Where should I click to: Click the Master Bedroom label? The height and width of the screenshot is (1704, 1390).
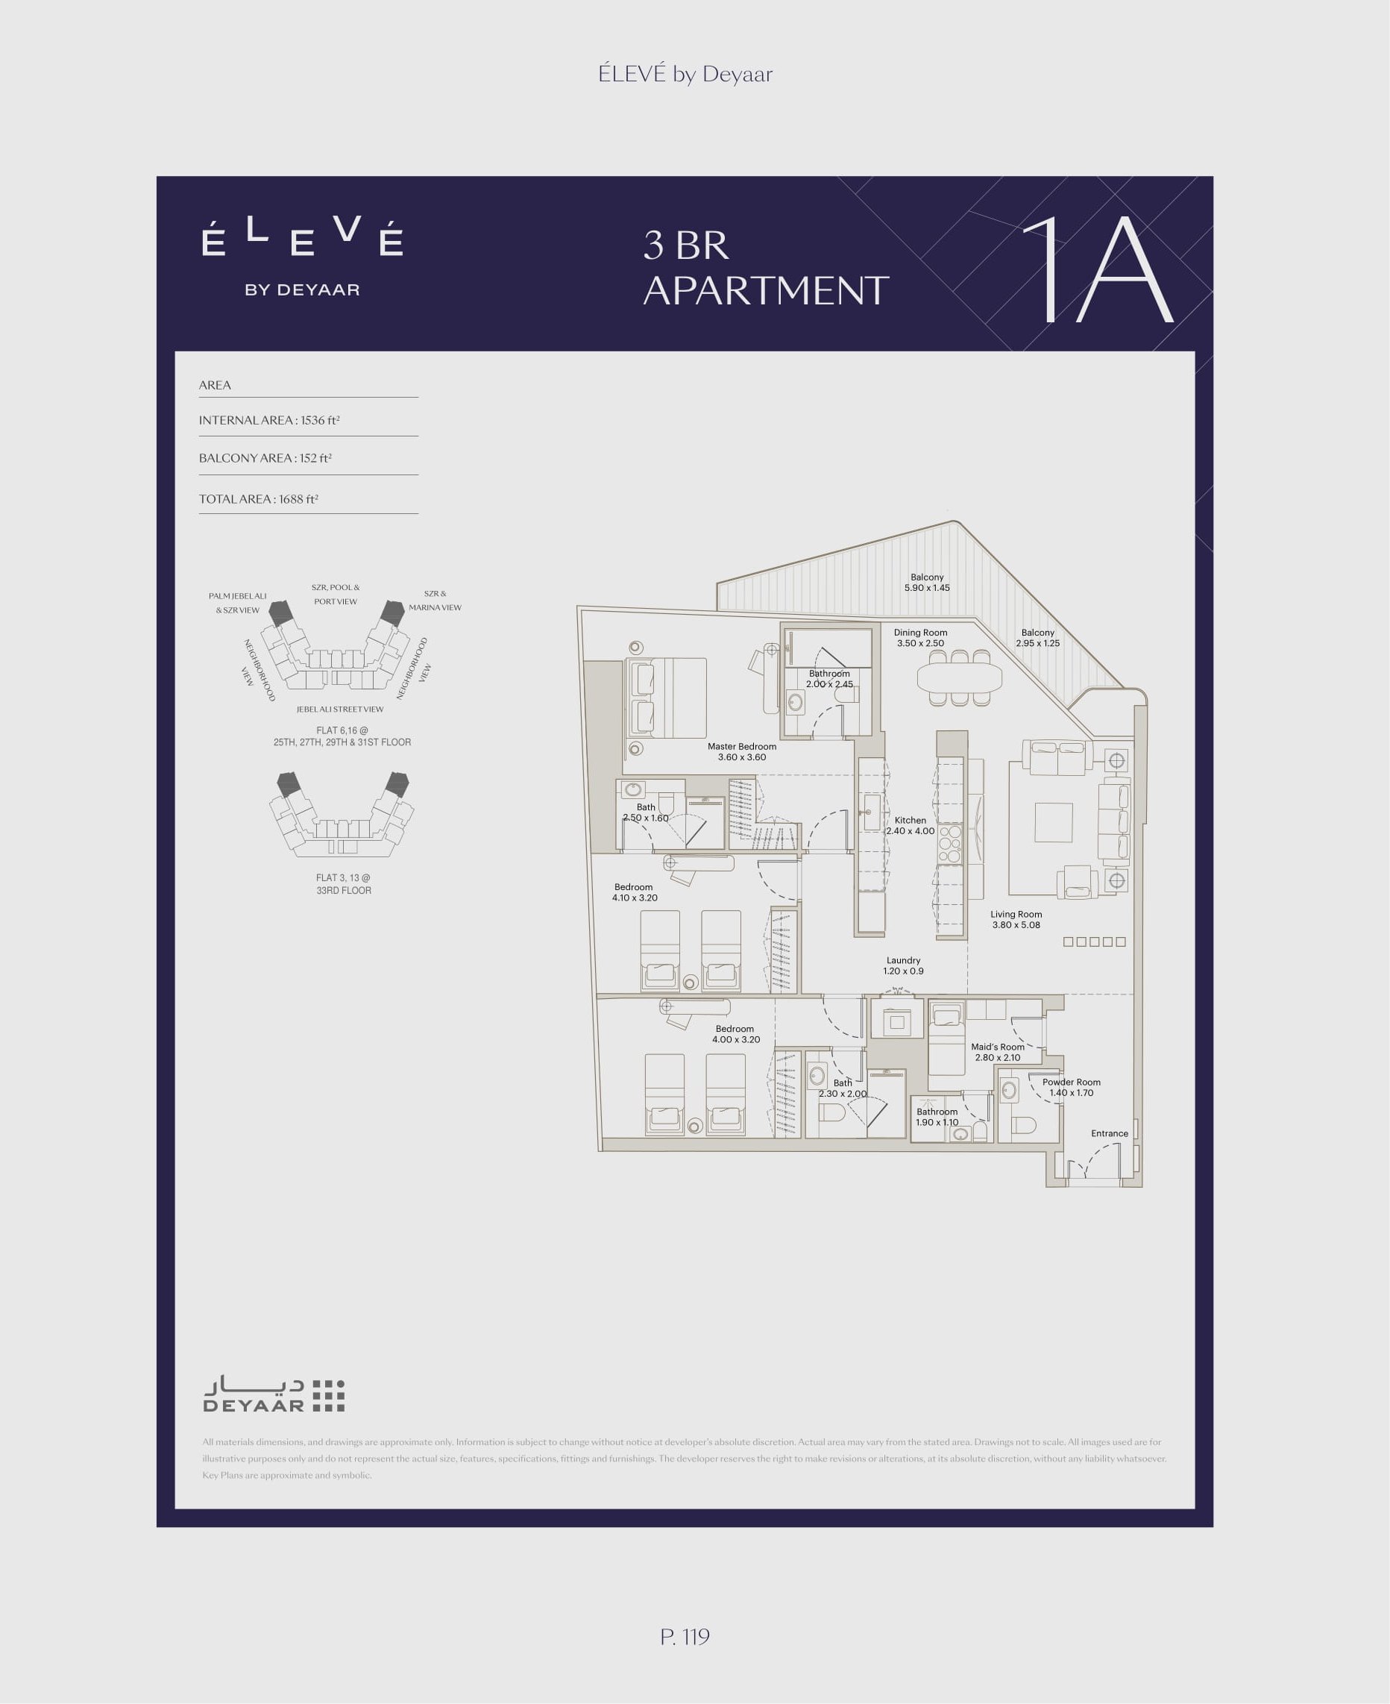point(741,751)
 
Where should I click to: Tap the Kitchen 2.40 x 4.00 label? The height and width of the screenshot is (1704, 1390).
point(911,825)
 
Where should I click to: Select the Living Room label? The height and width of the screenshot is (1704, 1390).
point(1016,919)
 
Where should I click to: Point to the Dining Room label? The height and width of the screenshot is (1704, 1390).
point(921,638)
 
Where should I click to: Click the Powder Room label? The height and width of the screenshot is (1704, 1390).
point(1072,1087)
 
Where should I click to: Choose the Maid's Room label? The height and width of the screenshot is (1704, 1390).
point(998,1052)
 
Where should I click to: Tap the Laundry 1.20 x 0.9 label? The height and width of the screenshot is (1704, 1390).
point(903,965)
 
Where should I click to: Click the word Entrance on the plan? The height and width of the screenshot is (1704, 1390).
point(1110,1133)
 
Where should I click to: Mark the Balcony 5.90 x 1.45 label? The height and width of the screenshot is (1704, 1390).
point(927,583)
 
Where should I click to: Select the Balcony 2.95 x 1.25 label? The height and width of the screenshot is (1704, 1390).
point(1038,638)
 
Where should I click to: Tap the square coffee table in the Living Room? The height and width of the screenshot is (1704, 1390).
point(1053,823)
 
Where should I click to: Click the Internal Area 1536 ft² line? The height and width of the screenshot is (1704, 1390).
point(269,421)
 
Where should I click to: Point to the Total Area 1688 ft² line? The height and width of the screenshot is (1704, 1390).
point(259,499)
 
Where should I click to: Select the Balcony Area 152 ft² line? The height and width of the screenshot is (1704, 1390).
point(265,458)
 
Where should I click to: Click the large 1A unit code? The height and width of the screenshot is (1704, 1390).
point(1097,270)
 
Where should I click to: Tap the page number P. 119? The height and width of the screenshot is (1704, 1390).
point(685,1636)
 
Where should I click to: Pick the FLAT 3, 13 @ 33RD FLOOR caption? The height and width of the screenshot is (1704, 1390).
point(344,883)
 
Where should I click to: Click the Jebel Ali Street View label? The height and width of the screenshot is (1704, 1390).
point(340,709)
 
